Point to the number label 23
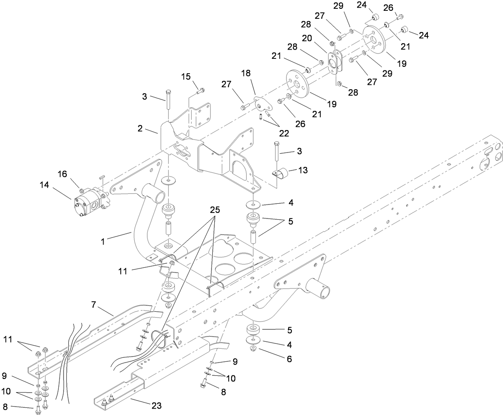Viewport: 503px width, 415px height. [x=156, y=405]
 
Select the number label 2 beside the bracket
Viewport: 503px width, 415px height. [x=140, y=128]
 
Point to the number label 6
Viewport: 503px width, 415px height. [x=289, y=359]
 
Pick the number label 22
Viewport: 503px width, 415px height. [x=283, y=133]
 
